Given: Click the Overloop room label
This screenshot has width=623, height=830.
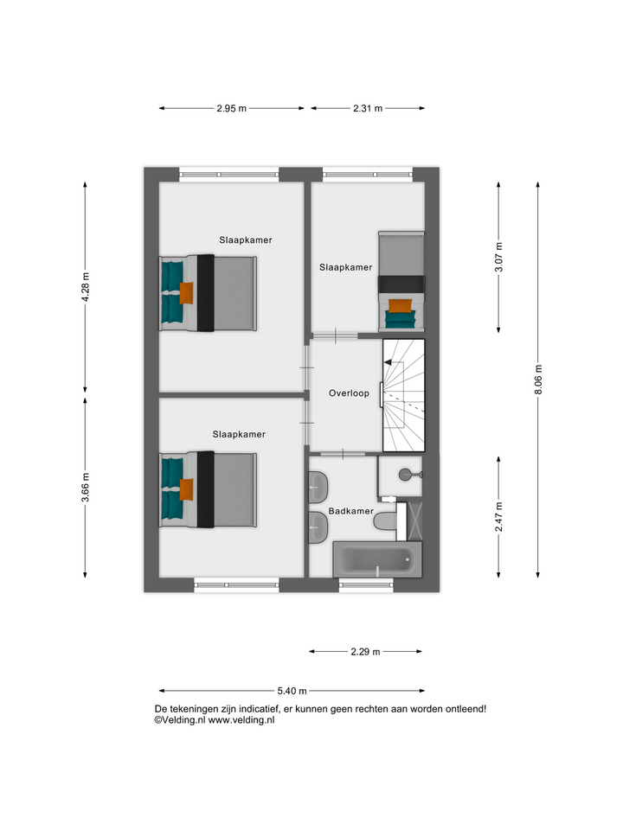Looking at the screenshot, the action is (x=349, y=393).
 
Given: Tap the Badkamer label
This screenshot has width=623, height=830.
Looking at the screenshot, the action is (x=350, y=511).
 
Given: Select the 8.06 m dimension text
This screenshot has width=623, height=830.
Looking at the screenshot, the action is (x=538, y=380).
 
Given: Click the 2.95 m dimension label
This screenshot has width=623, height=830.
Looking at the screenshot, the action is (x=232, y=109).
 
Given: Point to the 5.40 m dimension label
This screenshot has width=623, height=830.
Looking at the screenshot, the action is (x=292, y=691).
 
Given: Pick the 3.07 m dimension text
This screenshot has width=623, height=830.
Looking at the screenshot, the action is (x=498, y=257).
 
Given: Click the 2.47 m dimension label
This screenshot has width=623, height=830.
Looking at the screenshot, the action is (x=498, y=517).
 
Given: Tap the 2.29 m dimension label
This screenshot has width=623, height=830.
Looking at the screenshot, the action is (x=365, y=652).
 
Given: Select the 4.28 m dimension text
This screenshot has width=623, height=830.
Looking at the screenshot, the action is (x=86, y=287).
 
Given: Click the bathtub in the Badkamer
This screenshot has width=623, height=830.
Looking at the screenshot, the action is (x=377, y=559).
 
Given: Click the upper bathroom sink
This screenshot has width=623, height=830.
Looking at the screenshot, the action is (x=318, y=487).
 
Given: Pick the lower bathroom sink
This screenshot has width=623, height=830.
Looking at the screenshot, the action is (x=318, y=527).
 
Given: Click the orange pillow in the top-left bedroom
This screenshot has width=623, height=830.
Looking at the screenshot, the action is (x=186, y=293).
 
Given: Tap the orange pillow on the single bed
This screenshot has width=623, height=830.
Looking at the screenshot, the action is (x=400, y=306).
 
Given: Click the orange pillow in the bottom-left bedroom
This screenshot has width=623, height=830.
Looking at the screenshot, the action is (x=186, y=489).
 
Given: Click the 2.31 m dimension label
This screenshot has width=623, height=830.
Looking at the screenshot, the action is (x=368, y=109).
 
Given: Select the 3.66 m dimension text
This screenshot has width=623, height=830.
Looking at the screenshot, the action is (x=86, y=488).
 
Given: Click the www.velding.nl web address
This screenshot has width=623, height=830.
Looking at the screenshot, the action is (x=241, y=720).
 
